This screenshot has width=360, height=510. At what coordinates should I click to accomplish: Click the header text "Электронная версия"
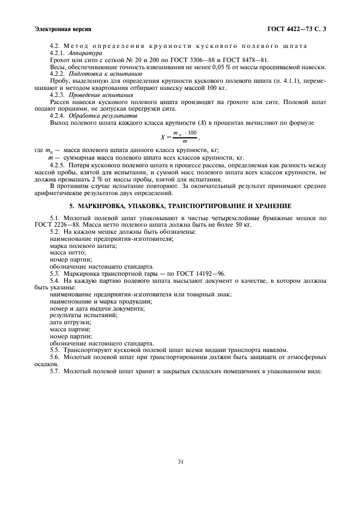coord(62,28)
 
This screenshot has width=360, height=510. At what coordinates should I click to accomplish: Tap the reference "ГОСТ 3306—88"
coord(200,60)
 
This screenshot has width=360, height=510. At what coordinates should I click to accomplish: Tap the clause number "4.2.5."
coord(58,164)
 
